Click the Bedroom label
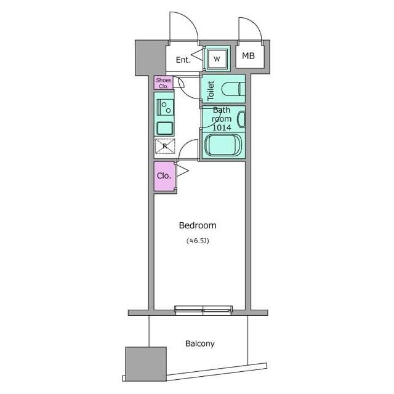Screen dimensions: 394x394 198,225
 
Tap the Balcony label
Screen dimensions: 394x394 199,344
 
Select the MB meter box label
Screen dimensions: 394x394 248,56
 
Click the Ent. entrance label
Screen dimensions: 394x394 183,60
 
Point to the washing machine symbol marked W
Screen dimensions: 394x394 217,59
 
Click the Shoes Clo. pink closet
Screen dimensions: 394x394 163,83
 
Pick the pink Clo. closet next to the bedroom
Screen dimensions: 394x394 164,176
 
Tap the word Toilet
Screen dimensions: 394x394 211,90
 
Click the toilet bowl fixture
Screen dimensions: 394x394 233,89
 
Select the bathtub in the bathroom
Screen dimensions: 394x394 223,145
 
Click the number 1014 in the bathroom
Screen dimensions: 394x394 222,127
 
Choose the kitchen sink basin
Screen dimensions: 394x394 165,128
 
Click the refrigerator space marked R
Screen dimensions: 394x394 165,146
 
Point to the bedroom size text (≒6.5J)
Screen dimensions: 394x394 198,241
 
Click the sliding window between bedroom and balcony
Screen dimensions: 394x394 203,310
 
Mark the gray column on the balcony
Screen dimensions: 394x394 146,364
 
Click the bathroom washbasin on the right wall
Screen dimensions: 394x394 241,119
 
